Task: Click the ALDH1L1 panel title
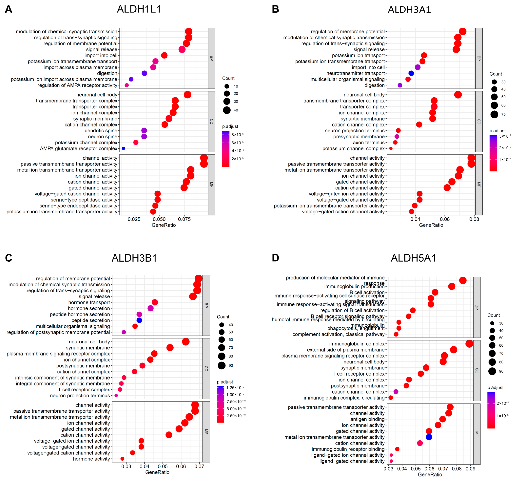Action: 139,9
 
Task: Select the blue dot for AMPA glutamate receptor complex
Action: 123,148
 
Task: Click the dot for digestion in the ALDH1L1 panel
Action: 144,73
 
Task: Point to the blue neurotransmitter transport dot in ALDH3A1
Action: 411,73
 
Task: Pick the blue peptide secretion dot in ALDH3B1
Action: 139,320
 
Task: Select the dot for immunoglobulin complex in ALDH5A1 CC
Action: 469,344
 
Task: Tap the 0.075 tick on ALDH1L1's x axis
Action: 184,219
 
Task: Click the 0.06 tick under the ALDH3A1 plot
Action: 445,219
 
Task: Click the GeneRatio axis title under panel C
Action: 157,472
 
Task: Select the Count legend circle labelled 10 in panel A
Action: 227,86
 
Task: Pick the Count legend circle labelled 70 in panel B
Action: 494,114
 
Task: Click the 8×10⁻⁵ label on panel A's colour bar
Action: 237,135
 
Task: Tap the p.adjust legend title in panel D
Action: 495,388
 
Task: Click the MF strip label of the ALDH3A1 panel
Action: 479,185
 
